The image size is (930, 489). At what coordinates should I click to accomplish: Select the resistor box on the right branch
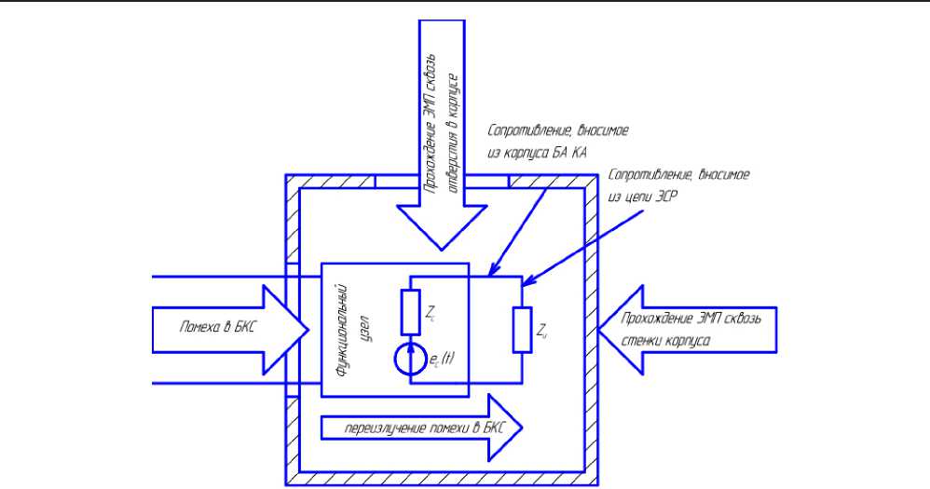(x=522, y=330)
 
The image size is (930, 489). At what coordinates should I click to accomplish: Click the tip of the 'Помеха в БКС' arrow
(x=308, y=328)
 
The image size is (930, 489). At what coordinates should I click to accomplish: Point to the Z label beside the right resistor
(x=542, y=330)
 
